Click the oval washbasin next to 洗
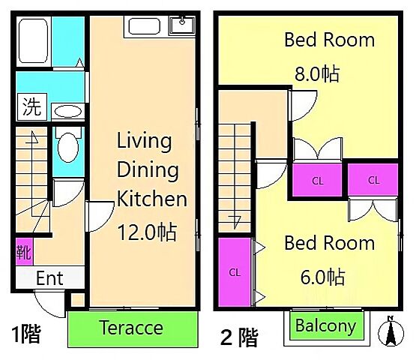(69, 112)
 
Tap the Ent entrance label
(49, 278)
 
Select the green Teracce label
(133, 328)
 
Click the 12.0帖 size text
(147, 232)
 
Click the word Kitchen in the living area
(152, 199)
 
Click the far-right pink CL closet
(373, 179)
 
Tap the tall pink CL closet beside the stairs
(235, 271)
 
